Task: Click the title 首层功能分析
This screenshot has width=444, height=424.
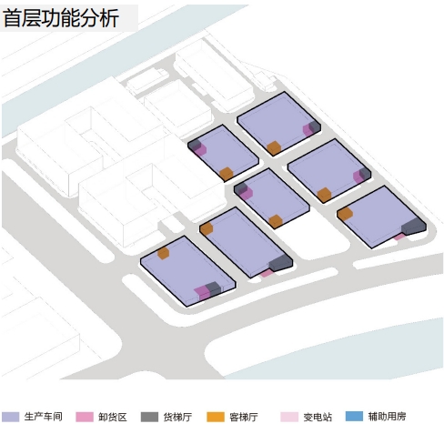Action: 60,18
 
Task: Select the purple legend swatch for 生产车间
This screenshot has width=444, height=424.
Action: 10,417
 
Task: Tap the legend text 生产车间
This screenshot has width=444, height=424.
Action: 44,417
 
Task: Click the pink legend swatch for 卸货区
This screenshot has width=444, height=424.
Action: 85,417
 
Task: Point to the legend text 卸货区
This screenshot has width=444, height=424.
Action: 112,417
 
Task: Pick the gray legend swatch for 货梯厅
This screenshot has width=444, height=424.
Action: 149,417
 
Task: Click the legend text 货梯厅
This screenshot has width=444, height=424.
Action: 177,417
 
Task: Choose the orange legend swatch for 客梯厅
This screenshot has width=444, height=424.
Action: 216,417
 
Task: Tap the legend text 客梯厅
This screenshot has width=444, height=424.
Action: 244,417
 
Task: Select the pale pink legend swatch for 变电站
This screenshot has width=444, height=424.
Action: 289,417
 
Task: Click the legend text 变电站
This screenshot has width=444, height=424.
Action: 318,417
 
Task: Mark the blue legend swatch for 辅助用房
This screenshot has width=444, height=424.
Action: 354,417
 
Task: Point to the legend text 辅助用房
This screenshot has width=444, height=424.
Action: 387,417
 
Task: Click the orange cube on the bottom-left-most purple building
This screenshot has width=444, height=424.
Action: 163,253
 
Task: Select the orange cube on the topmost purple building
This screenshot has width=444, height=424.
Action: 274,148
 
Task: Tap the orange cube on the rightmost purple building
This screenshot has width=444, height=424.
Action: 345,214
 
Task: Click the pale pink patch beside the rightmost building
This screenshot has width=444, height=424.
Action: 399,237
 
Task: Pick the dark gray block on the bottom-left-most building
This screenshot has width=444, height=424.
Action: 213,288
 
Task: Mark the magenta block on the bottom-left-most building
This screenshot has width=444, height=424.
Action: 202,293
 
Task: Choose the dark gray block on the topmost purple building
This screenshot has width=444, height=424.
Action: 315,126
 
